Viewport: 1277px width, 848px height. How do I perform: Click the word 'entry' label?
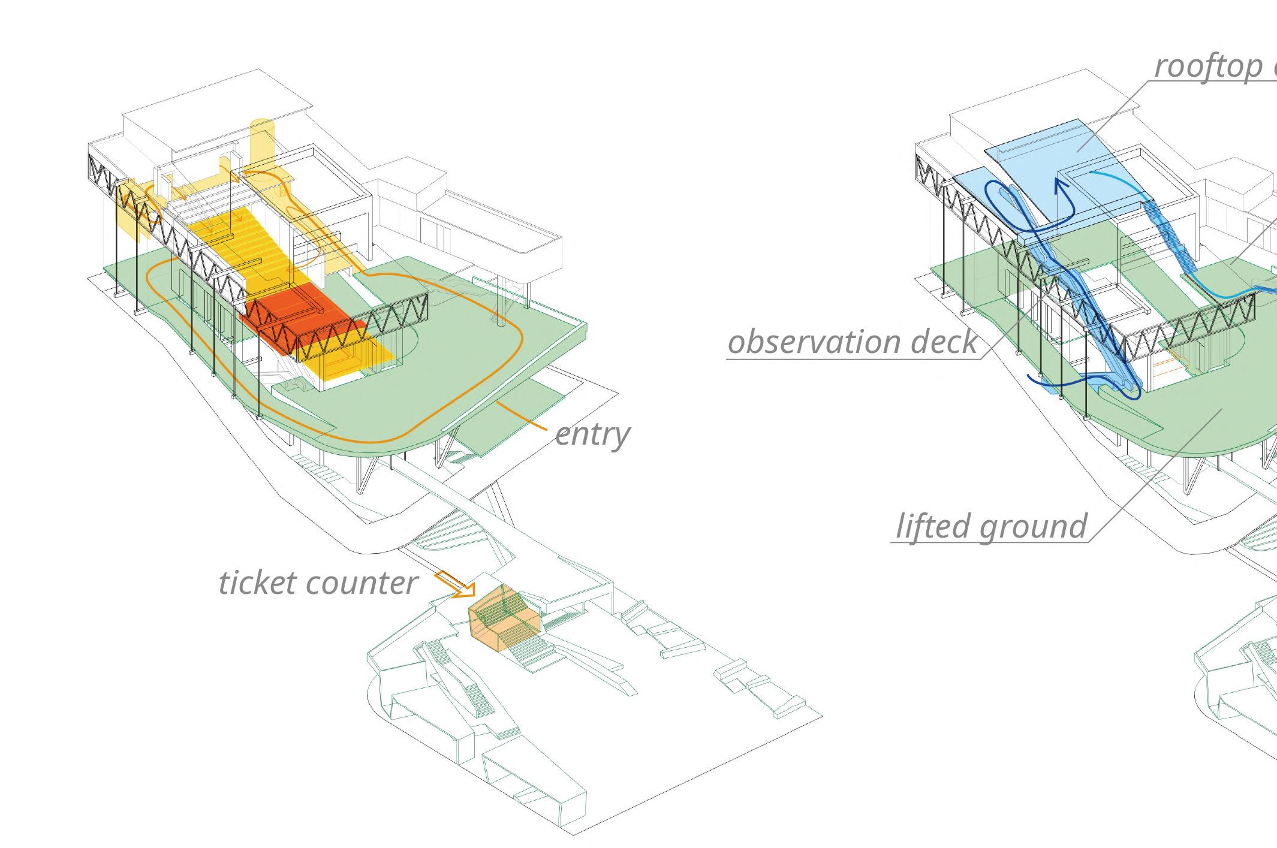pyautogui.click(x=592, y=434)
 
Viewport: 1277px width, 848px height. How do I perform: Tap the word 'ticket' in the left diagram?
pyautogui.click(x=258, y=583)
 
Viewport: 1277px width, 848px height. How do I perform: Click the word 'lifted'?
pyautogui.click(x=931, y=526)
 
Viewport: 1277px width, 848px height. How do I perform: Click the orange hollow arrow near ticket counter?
pyautogui.click(x=454, y=584)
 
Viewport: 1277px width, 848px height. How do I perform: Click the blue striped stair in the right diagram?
pyautogui.click(x=1166, y=240)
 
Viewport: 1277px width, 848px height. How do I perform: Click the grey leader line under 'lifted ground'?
pyautogui.click(x=989, y=542)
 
